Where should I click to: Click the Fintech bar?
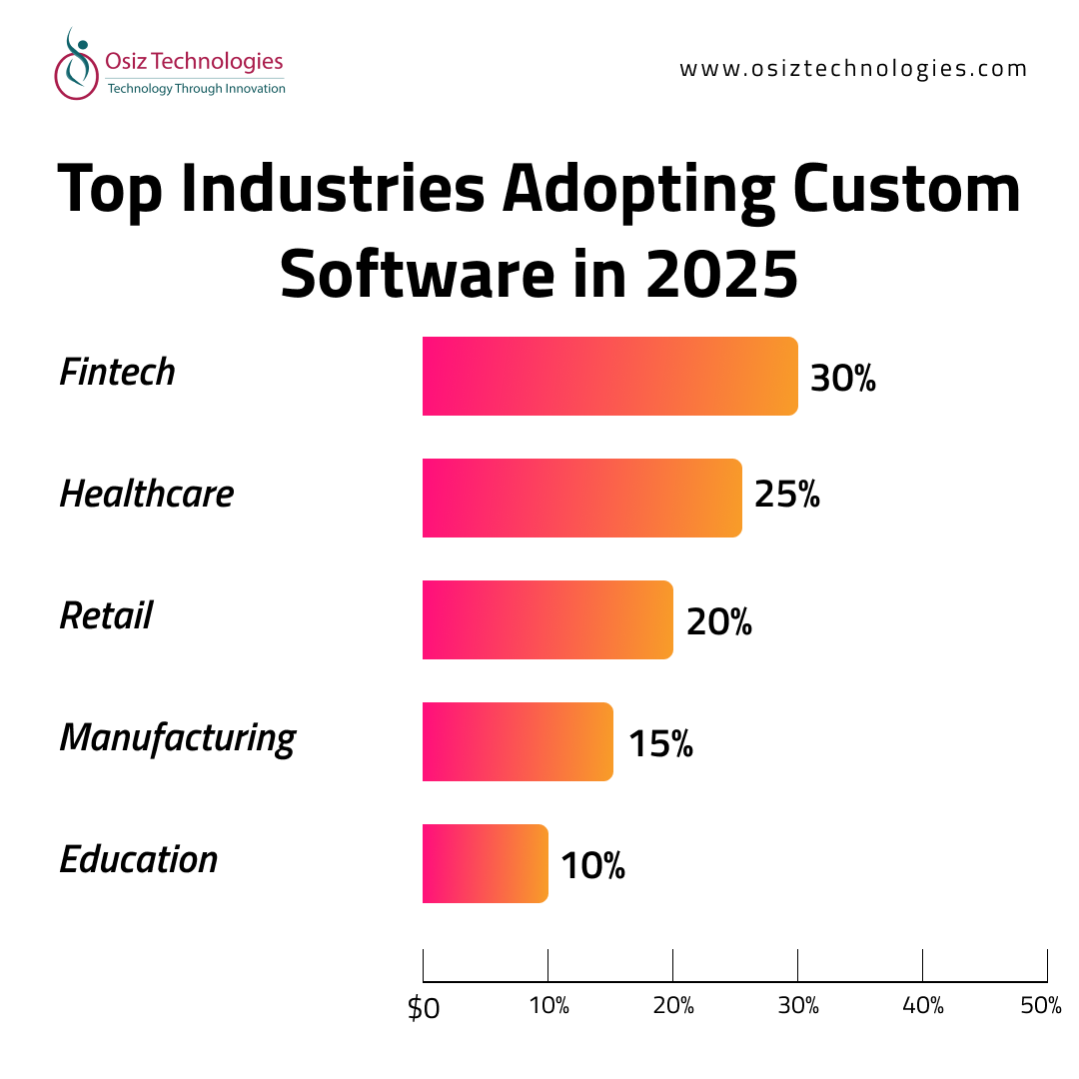pyautogui.click(x=609, y=377)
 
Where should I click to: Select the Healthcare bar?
pyautogui.click(x=581, y=498)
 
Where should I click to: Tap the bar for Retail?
pyautogui.click(x=547, y=619)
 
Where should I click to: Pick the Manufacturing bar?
pyautogui.click(x=518, y=741)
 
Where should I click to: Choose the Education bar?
pyautogui.click(x=485, y=863)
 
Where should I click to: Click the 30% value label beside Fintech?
pyautogui.click(x=842, y=379)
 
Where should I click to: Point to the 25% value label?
pyautogui.click(x=787, y=495)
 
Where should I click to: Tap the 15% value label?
pyautogui.click(x=660, y=743)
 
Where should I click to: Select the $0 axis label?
pyautogui.click(x=424, y=1008)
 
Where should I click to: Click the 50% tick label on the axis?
pyautogui.click(x=1041, y=1006)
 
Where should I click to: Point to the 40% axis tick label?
pyautogui.click(x=922, y=1006)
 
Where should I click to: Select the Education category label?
pyautogui.click(x=139, y=860)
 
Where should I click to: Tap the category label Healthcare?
pyautogui.click(x=147, y=494)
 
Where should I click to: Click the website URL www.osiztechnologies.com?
pyautogui.click(x=853, y=69)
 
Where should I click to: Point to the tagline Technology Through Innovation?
pyautogui.click(x=196, y=89)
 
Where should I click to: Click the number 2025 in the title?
pyautogui.click(x=721, y=274)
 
